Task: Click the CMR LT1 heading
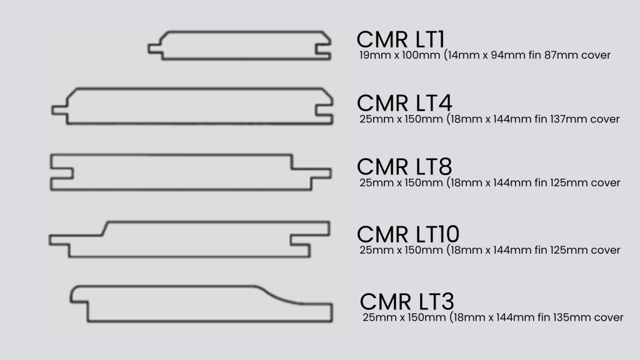(401, 39)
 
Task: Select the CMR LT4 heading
(404, 103)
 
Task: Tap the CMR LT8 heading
(404, 166)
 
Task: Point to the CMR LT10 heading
(408, 234)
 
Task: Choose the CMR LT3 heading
(407, 301)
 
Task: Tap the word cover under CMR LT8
(605, 182)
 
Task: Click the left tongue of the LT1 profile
(155, 49)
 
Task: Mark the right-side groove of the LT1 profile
(323, 49)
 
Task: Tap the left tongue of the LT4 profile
(59, 110)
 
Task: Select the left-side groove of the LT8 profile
(62, 172)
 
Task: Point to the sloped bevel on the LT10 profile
(104, 229)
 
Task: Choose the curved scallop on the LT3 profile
(279, 295)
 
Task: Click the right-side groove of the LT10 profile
(310, 240)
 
